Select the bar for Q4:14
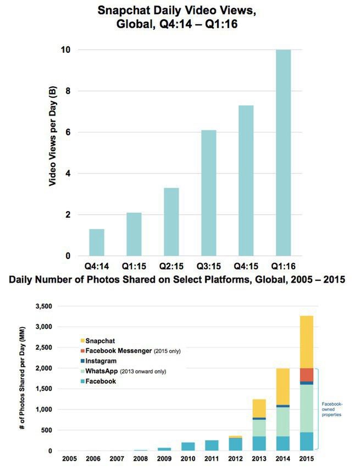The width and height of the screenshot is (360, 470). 97,242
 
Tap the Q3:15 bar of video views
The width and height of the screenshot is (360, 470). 208,193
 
